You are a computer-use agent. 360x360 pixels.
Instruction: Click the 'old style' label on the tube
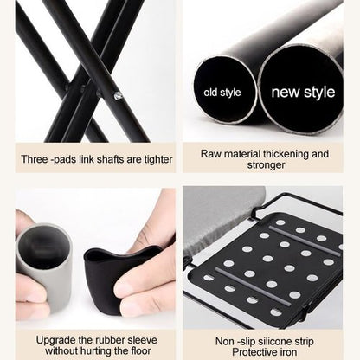222,93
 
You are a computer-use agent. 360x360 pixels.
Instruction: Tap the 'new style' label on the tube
303,92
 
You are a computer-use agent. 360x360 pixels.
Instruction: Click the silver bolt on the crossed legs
118,95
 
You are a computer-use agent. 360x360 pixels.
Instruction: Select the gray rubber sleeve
43,267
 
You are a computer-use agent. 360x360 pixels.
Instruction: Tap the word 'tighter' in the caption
158,159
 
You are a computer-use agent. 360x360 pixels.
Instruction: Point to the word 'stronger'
266,165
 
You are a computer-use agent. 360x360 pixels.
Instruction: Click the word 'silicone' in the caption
274,342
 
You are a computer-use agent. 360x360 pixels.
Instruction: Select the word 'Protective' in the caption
254,352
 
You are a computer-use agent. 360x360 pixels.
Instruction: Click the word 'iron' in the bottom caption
287,352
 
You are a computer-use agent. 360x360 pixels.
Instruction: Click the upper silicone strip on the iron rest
305,241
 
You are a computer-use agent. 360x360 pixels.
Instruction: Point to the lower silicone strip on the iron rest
254,286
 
